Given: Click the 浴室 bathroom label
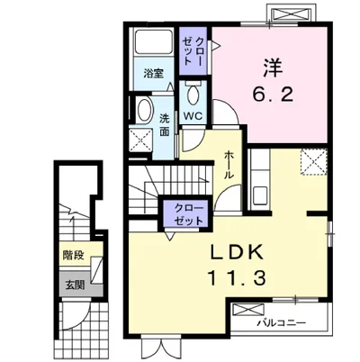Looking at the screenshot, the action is click(x=153, y=73).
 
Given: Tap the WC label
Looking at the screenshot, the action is click(x=193, y=115).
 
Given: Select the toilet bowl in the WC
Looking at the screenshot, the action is click(x=193, y=95).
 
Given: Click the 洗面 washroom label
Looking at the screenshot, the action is click(x=164, y=125).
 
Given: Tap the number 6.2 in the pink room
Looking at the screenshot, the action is click(x=272, y=95).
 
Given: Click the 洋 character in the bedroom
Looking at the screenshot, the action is click(x=273, y=68).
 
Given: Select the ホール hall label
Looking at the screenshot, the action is click(x=229, y=165).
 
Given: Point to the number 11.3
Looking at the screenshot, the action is click(x=237, y=277).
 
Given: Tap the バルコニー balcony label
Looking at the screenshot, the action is click(x=282, y=323).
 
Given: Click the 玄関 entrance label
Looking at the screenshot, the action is click(x=75, y=285).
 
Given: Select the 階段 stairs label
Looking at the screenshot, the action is click(x=73, y=255).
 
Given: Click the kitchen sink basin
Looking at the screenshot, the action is click(x=260, y=195).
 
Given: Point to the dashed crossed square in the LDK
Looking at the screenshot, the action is click(x=314, y=161).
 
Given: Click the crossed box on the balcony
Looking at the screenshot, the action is click(x=248, y=310).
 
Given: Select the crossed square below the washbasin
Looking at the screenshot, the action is click(x=140, y=140).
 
